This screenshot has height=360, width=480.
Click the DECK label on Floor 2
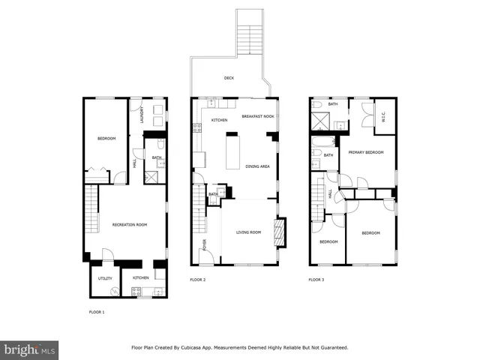click(x=229, y=78)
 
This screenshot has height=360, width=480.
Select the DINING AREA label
click(x=257, y=166)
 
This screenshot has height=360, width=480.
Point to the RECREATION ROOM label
click(x=130, y=224)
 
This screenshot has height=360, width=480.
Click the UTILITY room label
click(x=104, y=278)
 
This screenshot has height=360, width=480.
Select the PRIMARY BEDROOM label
click(x=366, y=152)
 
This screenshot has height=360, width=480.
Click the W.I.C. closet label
click(x=384, y=116)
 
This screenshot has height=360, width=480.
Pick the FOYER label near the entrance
click(x=204, y=244)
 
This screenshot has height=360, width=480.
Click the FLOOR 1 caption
click(x=97, y=311)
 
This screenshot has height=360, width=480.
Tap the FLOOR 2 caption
click(x=197, y=280)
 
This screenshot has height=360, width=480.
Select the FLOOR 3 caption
click(x=316, y=280)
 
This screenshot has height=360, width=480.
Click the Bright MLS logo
click(x=29, y=349)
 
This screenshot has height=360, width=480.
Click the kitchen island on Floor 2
click(x=232, y=150)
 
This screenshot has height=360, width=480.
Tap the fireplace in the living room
click(x=280, y=232)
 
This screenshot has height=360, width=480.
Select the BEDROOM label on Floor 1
click(x=106, y=138)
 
